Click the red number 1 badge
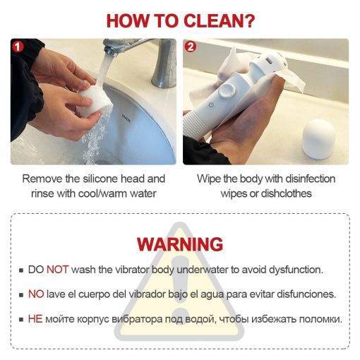tap(18, 47)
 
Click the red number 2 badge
tap(190, 47)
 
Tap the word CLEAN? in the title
tap(219, 21)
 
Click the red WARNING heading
tap(180, 244)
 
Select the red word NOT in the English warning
tap(58, 270)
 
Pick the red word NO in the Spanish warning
tap(36, 294)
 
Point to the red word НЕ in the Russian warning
tap(35, 319)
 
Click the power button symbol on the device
tap(211, 104)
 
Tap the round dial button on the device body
tap(227, 90)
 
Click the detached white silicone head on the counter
tap(318, 139)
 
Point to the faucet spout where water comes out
tap(109, 50)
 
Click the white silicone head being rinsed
tap(95, 100)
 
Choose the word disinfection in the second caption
tap(309, 179)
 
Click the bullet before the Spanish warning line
tap(21, 294)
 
